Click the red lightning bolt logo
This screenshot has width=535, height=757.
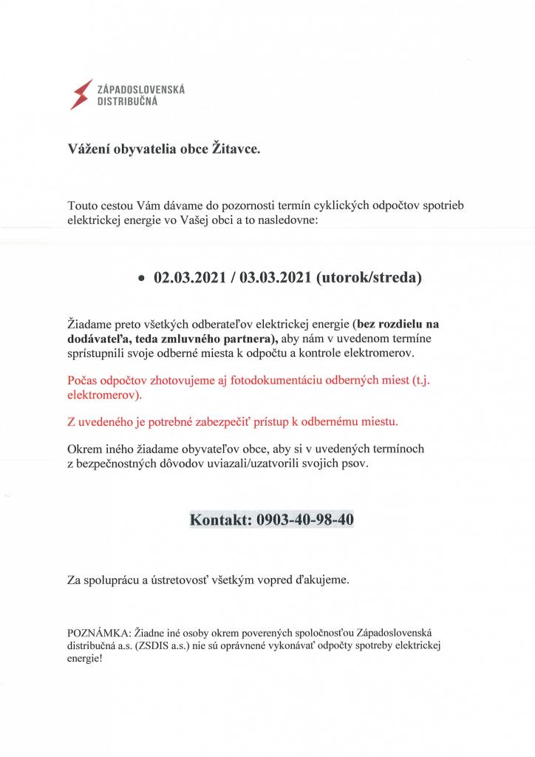pos(81,95)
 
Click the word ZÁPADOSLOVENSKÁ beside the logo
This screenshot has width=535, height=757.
pos(141,89)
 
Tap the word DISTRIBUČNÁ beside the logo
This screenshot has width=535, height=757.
pos(127,102)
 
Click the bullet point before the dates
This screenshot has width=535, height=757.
pos(140,280)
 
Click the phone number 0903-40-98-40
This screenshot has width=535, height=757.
pos(305,520)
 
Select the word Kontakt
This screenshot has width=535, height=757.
pos(220,520)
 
